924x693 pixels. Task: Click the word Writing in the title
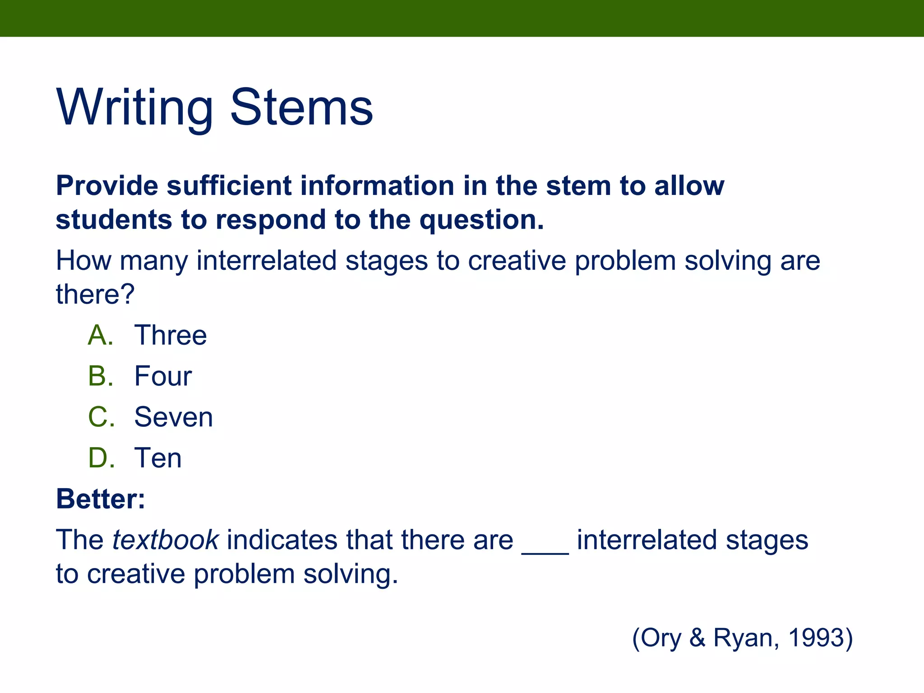134,108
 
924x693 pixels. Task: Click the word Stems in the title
301,108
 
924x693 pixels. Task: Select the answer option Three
171,335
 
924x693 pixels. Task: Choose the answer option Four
163,376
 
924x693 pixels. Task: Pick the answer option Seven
173,417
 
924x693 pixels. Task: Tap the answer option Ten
158,458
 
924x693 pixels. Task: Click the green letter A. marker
100,335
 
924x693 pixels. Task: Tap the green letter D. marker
101,458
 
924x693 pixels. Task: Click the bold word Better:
100,499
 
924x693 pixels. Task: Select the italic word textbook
166,540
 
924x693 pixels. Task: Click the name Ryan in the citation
746,638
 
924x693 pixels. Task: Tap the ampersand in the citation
697,638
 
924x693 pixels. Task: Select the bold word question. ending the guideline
481,220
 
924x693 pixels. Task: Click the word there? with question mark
95,294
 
